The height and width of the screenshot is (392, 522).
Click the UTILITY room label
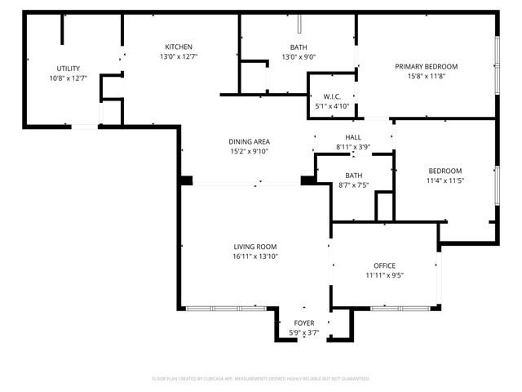pos(68,68)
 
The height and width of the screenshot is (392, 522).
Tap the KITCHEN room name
pos(179,47)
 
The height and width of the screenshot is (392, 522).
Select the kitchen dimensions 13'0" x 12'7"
pos(179,56)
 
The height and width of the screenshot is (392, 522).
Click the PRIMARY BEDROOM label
pos(426,66)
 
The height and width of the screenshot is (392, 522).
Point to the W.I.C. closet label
pos(331,96)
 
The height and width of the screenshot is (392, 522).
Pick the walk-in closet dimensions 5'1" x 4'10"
pos(331,106)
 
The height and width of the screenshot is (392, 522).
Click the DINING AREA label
pos(249,141)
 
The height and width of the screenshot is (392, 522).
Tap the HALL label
pos(353,137)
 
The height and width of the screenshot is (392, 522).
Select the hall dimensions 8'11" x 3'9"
pos(353,147)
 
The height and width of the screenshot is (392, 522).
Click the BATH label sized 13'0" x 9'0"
pos(299,47)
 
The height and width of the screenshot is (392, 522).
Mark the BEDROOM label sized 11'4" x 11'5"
pos(445,171)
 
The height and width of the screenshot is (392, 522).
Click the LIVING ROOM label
pos(254,247)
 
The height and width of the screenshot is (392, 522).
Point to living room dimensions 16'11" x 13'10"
pos(254,256)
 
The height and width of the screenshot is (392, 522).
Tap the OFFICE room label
pos(384,265)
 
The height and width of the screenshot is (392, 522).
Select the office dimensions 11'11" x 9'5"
pos(384,275)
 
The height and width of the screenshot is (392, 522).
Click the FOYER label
pos(303,323)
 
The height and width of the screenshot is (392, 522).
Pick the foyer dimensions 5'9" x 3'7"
pos(303,333)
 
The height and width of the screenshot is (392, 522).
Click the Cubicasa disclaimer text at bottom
pos(261,379)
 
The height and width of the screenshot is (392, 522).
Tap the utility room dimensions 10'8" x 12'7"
pos(68,78)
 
